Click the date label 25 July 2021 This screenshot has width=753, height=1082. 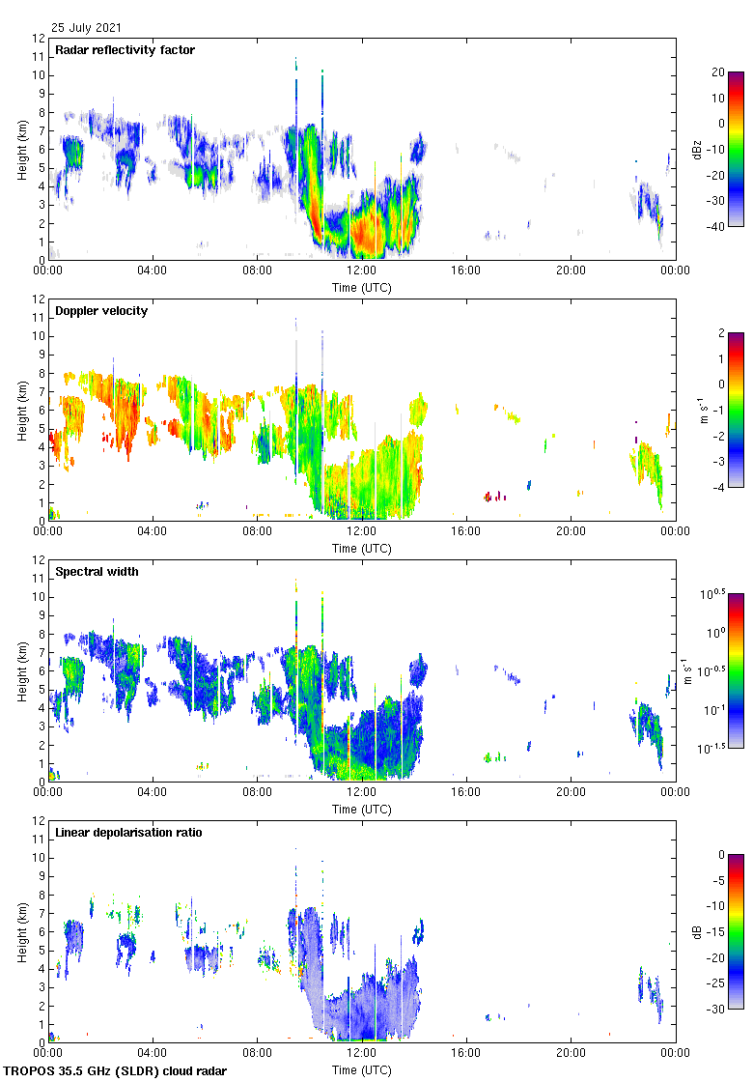(x=88, y=28)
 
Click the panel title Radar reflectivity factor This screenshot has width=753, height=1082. (x=125, y=50)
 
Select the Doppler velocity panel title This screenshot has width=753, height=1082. (x=101, y=311)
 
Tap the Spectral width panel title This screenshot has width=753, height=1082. (x=98, y=572)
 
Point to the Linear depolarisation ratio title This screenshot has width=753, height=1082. (x=128, y=833)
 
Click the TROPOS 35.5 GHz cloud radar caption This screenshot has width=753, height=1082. (x=116, y=1071)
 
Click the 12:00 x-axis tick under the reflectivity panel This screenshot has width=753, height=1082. (x=362, y=270)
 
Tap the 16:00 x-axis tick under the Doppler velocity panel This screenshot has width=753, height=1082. (x=466, y=531)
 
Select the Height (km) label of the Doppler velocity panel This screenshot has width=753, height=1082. (x=23, y=410)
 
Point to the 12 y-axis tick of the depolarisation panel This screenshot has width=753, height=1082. (x=40, y=820)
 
